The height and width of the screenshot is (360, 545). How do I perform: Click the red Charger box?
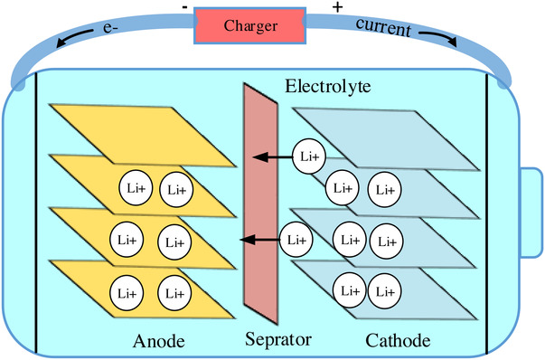point(250,25)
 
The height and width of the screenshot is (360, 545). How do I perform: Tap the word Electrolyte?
point(328,86)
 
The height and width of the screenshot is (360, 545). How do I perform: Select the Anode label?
point(158,341)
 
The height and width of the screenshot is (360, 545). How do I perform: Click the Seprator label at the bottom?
point(278,339)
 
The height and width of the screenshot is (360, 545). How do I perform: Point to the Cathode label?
point(398,340)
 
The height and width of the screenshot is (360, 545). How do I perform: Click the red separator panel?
point(260,204)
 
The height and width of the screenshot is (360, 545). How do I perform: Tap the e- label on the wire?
point(108,27)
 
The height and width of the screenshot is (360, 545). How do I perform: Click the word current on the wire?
point(383,26)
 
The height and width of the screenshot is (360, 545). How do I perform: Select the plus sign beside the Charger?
point(337,7)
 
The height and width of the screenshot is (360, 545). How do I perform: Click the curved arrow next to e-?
point(74,37)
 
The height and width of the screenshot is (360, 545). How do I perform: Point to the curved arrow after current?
point(438,38)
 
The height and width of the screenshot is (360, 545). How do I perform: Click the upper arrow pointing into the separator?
point(273,157)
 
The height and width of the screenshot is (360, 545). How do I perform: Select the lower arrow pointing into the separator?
point(260,240)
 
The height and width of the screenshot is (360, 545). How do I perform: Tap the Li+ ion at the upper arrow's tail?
point(309,156)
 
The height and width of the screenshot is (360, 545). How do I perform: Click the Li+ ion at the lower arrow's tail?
point(296,240)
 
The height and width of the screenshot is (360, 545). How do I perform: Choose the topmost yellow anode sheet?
point(143,134)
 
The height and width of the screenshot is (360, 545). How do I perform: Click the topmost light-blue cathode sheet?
point(386,139)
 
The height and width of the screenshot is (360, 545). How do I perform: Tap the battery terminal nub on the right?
point(531,213)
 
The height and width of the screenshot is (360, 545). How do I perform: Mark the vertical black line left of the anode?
point(36,213)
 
